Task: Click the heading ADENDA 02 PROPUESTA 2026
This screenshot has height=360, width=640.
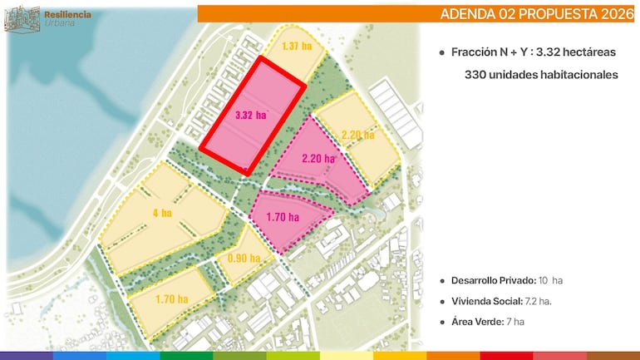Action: [x=537, y=14]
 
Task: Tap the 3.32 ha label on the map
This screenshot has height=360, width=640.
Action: [x=250, y=115]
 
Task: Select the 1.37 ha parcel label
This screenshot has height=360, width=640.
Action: [x=297, y=46]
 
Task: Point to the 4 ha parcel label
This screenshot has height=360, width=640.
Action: [x=162, y=213]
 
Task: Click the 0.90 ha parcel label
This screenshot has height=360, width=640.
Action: [x=243, y=257]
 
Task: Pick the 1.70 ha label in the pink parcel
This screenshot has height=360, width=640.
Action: [x=282, y=217]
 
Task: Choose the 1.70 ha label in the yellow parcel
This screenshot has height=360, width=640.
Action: [x=172, y=298]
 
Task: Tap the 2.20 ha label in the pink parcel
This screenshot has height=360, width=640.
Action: [x=318, y=158]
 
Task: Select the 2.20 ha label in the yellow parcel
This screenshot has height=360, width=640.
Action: [x=357, y=134]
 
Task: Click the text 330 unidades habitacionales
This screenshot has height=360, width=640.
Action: [x=541, y=75]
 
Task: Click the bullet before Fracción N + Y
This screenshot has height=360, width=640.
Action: [x=442, y=52]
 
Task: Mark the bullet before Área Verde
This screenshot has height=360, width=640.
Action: [x=442, y=321]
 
